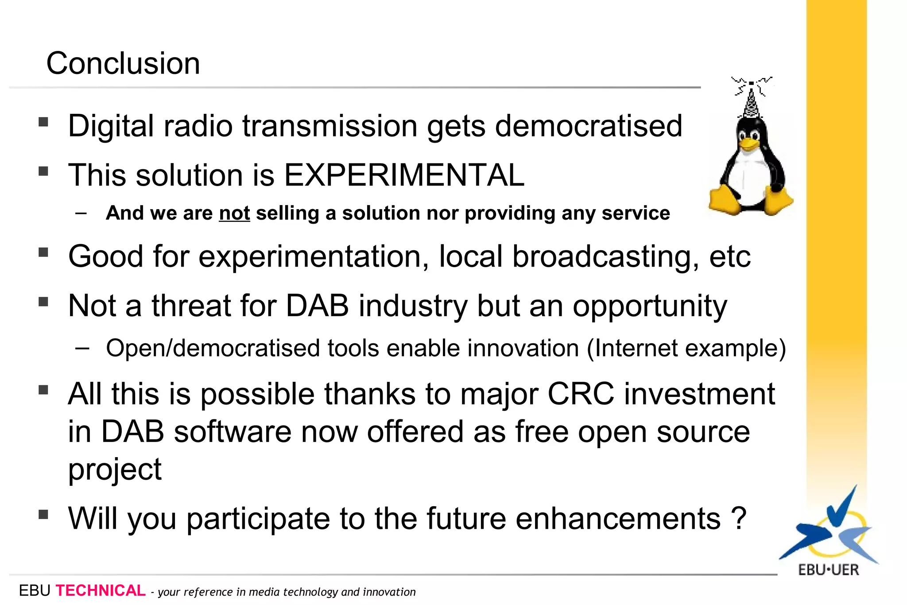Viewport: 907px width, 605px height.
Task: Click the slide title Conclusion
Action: [x=123, y=63]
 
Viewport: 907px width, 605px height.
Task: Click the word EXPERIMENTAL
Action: [x=403, y=175]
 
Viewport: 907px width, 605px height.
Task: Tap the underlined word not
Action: [x=234, y=213]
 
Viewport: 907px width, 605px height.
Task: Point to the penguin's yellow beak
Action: [x=748, y=144]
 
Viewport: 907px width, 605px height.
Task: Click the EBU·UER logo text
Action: [x=828, y=570]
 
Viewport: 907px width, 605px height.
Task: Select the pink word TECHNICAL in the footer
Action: [x=101, y=591]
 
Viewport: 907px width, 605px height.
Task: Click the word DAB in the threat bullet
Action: [x=317, y=306]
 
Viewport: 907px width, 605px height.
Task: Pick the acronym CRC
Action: [x=581, y=394]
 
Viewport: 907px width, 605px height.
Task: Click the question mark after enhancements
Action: [x=739, y=518]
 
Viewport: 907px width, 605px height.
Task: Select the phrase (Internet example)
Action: [x=686, y=348]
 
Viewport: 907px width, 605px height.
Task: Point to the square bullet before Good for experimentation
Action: [x=43, y=252]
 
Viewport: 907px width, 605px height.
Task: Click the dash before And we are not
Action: [x=81, y=213]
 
